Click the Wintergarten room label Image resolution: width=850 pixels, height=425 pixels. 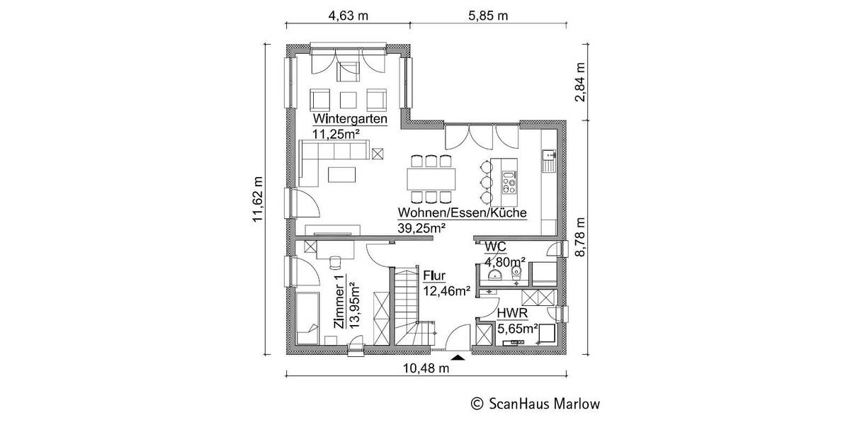pos(351,119)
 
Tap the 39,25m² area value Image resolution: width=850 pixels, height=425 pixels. pos(422,227)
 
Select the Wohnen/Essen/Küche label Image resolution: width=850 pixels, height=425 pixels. pos(463,212)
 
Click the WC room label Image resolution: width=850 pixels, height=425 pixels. pos(494,246)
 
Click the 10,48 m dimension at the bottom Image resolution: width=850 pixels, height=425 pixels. pos(427,368)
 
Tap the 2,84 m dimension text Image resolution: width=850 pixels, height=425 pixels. pos(581,83)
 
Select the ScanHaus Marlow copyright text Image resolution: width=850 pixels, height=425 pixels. pos(535,404)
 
